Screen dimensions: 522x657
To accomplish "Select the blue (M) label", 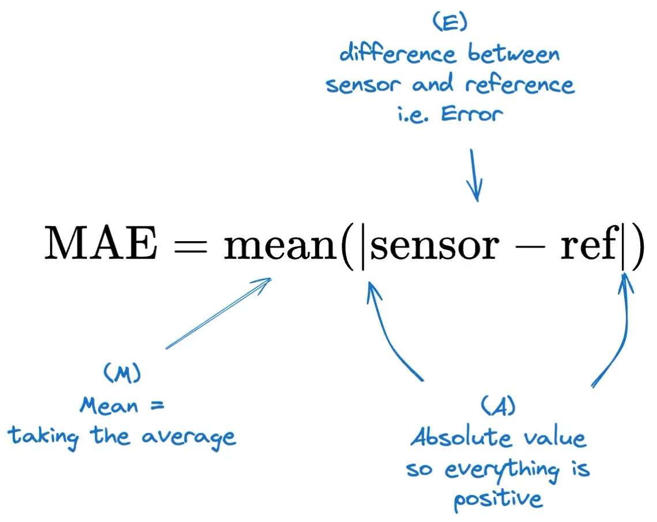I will [x=122, y=375].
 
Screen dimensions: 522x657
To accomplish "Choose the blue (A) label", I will [x=497, y=407].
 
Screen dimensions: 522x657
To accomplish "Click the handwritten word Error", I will [x=472, y=114].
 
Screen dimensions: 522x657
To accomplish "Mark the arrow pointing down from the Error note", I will [x=475, y=176].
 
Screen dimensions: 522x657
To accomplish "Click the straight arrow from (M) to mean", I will [x=218, y=314].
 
